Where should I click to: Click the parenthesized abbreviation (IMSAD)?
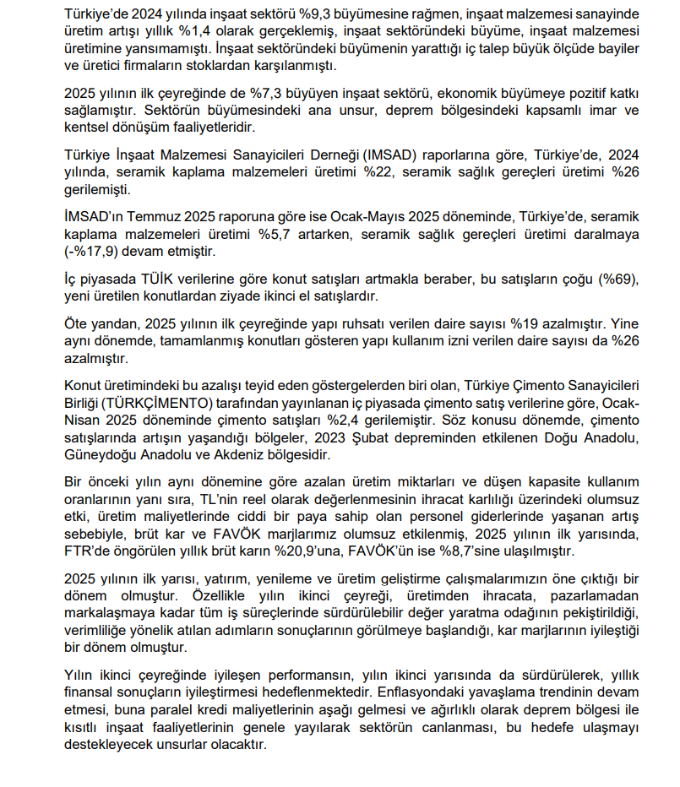[x=365, y=154]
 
